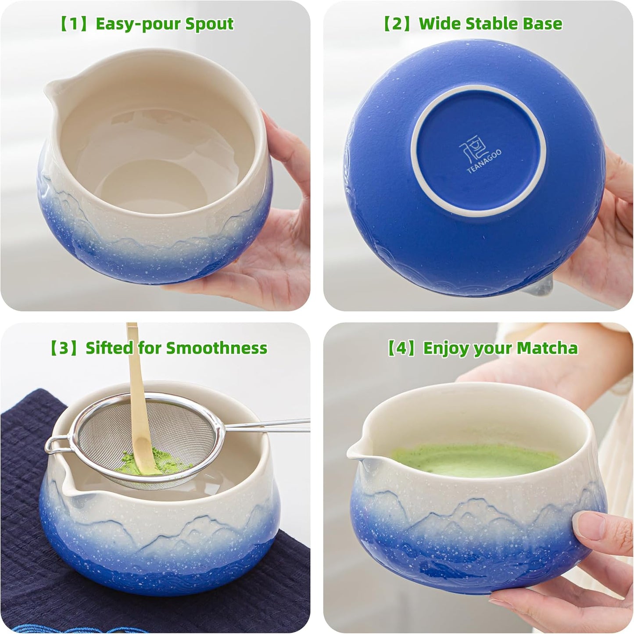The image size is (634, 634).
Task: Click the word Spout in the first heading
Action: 209,24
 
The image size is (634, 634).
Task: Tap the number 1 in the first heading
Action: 72,24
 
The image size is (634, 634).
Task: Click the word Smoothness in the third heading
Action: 216,348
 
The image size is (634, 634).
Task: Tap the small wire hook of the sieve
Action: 54,445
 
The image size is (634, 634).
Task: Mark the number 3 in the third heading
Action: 64,348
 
